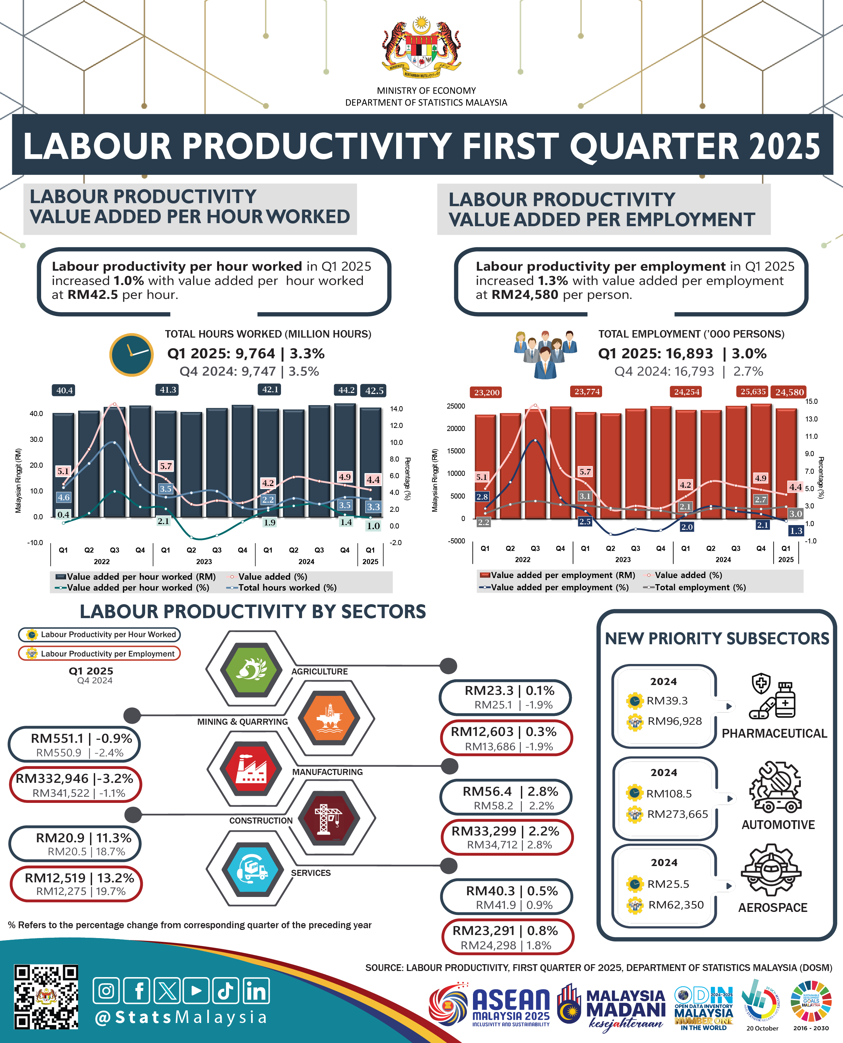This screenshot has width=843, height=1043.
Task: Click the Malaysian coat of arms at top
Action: (x=421, y=47)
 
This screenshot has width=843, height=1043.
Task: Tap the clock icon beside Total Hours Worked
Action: (x=131, y=355)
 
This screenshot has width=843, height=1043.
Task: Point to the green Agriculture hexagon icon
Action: (x=251, y=669)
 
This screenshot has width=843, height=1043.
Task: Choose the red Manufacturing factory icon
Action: (x=250, y=768)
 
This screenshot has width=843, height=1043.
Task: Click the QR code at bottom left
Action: (x=46, y=997)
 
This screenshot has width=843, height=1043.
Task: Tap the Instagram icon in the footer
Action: (x=106, y=991)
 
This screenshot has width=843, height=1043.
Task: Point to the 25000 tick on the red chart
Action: (x=456, y=406)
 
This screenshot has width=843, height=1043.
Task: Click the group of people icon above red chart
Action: (x=545, y=353)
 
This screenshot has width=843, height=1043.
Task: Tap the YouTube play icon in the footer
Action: (x=196, y=991)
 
